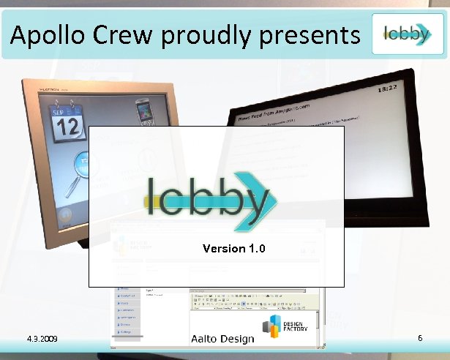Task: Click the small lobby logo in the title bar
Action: click(407, 33)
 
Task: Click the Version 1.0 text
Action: click(233, 249)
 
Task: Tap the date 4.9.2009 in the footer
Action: click(42, 340)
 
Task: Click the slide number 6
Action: click(420, 338)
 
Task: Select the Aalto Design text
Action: click(222, 339)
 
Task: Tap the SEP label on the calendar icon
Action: click(59, 113)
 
